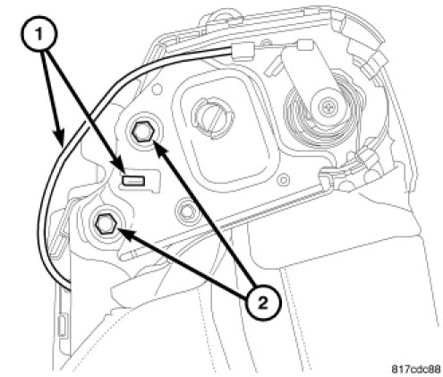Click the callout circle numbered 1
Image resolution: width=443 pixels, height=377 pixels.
point(38,34)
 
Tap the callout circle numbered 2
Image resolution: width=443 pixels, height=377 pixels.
point(263,304)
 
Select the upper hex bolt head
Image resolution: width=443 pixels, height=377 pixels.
point(143,133)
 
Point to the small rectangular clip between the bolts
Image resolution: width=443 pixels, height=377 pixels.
point(133,181)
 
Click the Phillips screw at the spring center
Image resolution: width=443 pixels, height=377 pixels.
point(326,106)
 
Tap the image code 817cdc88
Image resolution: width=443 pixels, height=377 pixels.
point(416,370)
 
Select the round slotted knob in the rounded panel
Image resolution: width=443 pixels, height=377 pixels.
point(213,116)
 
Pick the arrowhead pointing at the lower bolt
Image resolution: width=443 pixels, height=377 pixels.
point(125,233)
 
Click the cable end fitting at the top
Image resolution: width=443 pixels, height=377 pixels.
point(243,51)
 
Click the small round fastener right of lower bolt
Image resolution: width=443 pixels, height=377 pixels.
point(185,211)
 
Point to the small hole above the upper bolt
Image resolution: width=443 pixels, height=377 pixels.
point(158,90)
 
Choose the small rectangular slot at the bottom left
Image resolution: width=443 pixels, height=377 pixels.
point(62,325)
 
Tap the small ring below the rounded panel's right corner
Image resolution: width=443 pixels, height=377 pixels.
point(284,180)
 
